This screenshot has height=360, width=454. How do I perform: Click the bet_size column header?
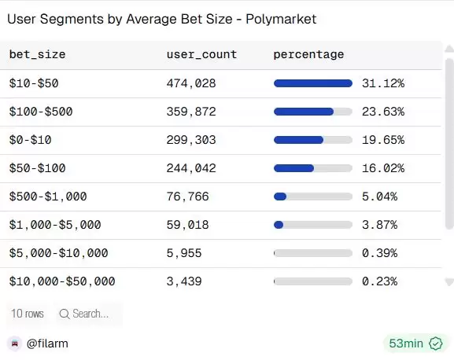(37, 54)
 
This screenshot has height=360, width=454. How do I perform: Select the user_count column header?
(201, 54)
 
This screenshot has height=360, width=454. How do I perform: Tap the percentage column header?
(308, 54)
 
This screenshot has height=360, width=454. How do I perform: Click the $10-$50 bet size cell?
(34, 83)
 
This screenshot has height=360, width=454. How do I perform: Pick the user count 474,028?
(191, 83)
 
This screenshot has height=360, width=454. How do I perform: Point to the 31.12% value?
(382, 83)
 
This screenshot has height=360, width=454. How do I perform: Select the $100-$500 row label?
(41, 112)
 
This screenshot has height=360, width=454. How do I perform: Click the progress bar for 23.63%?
(312, 112)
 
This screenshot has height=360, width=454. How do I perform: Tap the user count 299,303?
(191, 140)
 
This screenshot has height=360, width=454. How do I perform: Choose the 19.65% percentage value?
(382, 140)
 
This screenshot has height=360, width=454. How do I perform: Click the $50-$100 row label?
(37, 168)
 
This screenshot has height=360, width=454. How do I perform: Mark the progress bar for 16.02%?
(312, 168)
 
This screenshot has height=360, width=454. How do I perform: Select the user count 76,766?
(188, 197)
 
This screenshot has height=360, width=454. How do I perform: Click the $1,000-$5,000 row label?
(55, 225)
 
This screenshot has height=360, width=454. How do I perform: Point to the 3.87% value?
(379, 225)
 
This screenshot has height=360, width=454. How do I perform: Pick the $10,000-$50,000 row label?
(62, 281)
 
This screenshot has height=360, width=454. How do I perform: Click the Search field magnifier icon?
(64, 314)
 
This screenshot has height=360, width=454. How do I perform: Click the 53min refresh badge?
(415, 343)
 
